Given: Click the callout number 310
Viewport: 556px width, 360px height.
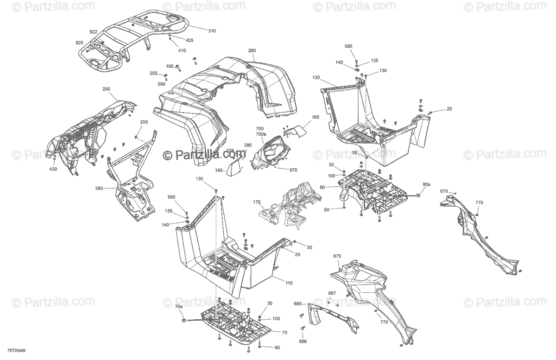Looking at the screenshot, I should point(212,31).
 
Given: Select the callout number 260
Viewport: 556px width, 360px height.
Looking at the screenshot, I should point(252,51).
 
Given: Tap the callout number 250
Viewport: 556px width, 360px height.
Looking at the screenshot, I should point(107,88).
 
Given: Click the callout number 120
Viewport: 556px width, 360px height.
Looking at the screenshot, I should point(316,77).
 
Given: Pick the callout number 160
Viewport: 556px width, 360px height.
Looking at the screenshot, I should point(316,117).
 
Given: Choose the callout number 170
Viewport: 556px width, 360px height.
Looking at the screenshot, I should point(257,202).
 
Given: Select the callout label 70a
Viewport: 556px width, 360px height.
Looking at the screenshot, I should point(179,307).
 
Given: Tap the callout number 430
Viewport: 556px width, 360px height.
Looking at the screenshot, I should point(53,169).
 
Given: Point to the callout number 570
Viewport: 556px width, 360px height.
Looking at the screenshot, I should point(293,170).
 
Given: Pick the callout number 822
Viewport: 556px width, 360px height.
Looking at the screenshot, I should point(94,32).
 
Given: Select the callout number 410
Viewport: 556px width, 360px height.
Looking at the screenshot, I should point(182,50).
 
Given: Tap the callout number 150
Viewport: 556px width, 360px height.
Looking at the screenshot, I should point(219,170).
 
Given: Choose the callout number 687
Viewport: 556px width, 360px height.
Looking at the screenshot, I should point(332,293).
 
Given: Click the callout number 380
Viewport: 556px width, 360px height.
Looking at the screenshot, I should point(248,145).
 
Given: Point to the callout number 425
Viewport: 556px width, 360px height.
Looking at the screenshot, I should point(189,40).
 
